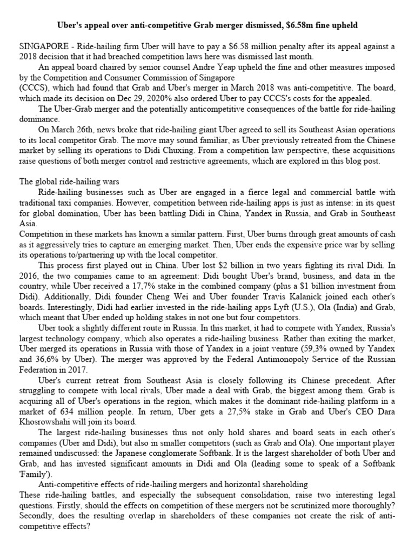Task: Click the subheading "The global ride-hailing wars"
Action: click(73, 181)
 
